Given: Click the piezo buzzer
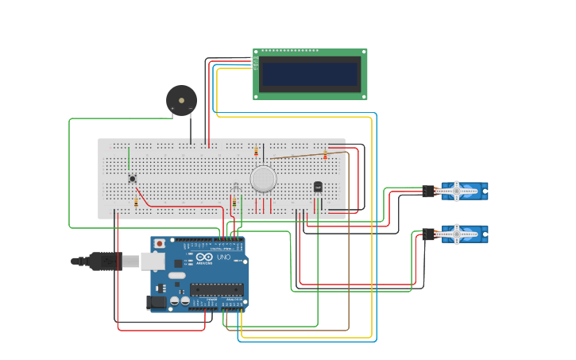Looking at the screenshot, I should [x=181, y=100].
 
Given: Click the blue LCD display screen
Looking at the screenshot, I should [x=311, y=74].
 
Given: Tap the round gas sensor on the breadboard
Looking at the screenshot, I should [x=263, y=179].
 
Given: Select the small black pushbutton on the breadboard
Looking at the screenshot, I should [x=132, y=178].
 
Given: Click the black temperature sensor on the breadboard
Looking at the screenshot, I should [x=318, y=187].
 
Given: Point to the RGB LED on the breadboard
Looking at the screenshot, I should [x=235, y=187].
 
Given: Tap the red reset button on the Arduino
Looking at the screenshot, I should [x=160, y=243].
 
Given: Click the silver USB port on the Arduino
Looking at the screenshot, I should [x=153, y=261].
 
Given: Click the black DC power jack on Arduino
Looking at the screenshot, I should [x=155, y=302].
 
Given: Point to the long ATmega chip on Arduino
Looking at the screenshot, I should [x=216, y=289].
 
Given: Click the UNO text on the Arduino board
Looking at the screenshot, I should [x=223, y=257].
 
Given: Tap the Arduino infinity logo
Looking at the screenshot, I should [x=204, y=257].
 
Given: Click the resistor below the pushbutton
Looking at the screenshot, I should [x=136, y=203].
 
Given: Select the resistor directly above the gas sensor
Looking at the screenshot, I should [x=256, y=151].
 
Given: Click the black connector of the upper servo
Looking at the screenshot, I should [x=428, y=191].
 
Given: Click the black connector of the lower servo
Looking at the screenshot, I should [x=428, y=234].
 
